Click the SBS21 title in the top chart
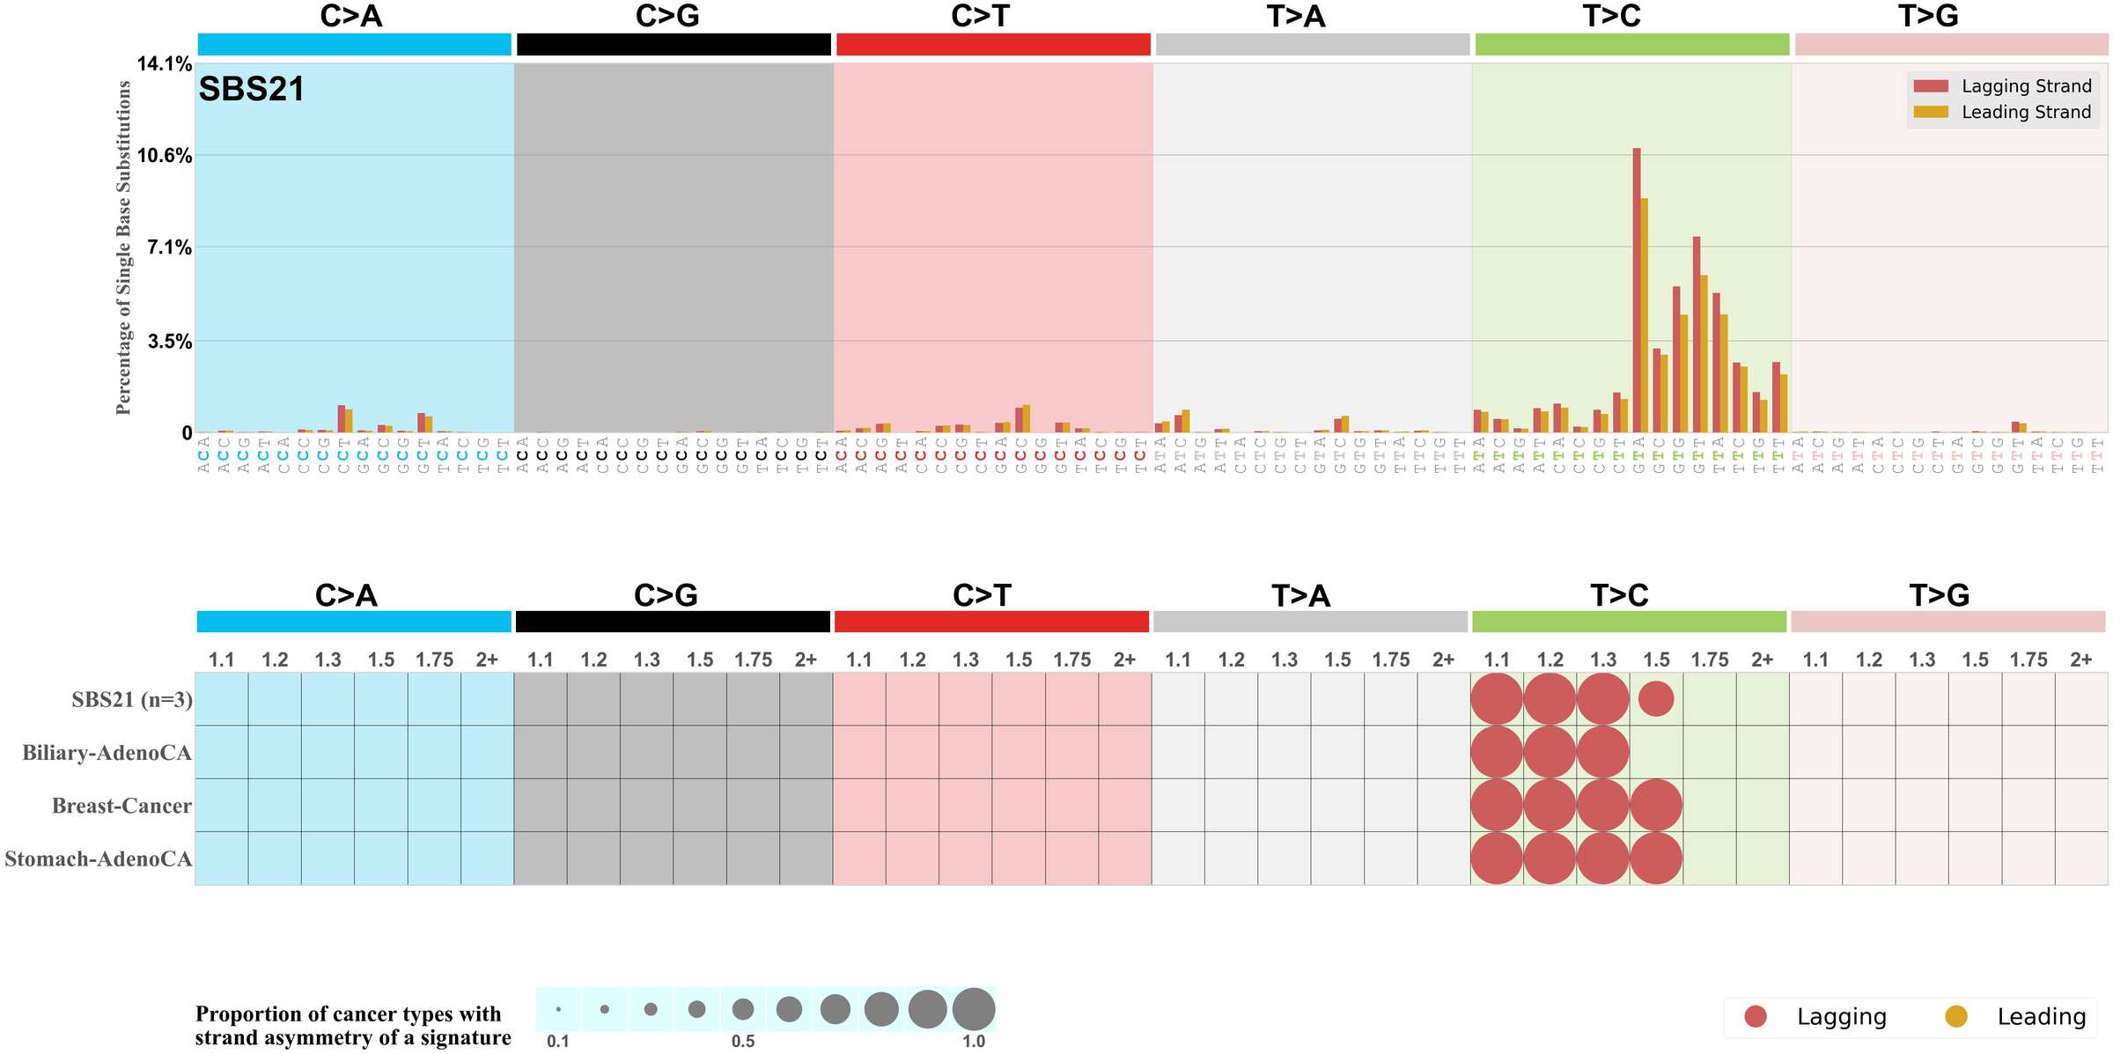(251, 89)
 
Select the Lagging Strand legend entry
(2026, 86)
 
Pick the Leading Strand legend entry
(2026, 112)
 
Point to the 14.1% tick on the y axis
(164, 63)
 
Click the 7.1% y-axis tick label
(169, 247)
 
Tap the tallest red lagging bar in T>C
(1637, 291)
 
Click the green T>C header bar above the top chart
(1632, 44)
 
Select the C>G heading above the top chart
(667, 16)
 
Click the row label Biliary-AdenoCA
(107, 753)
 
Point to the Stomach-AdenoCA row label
(98, 859)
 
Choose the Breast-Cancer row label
(121, 806)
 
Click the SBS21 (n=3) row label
(132, 700)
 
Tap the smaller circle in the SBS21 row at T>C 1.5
(1656, 699)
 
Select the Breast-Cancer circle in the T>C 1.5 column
(1656, 806)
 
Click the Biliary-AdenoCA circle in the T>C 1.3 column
(1603, 753)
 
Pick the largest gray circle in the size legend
(974, 1009)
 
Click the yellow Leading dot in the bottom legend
(1956, 1017)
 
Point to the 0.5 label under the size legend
(743, 1041)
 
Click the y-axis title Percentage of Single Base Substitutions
(124, 247)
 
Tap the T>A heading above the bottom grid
(1300, 596)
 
